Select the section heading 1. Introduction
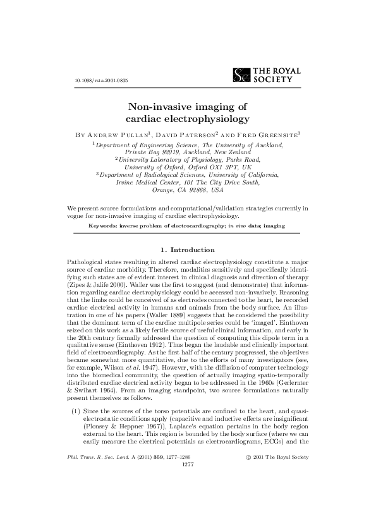(x=188, y=250)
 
